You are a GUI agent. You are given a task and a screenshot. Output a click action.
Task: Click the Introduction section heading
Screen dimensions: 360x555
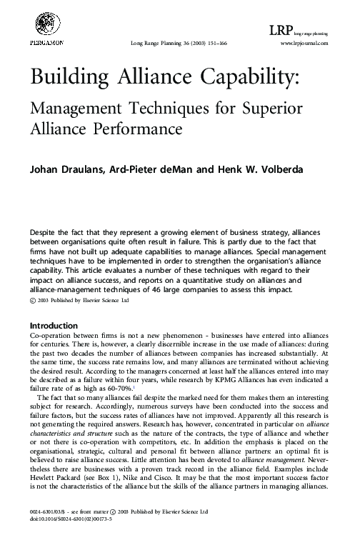click(x=51, y=325)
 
